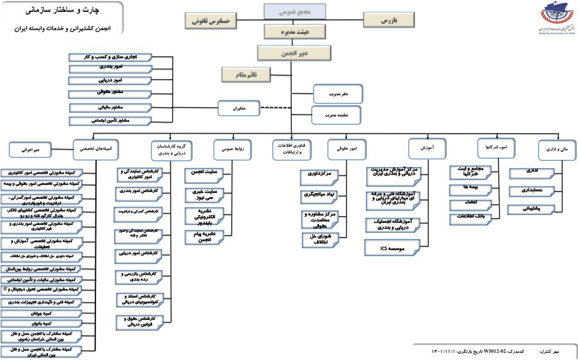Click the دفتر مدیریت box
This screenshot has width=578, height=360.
pyautogui.click(x=338, y=93)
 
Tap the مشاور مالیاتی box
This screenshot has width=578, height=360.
pyautogui.click(x=110, y=107)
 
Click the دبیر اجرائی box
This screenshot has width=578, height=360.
pyautogui.click(x=35, y=150)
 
